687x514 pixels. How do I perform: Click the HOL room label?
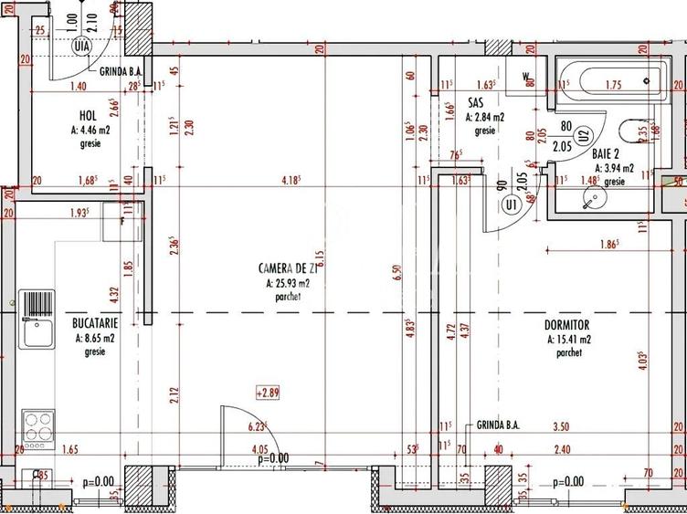[88, 116]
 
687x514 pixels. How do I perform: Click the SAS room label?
[475, 103]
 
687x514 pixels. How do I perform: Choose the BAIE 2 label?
[610, 154]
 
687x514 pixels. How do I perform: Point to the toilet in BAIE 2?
[631, 133]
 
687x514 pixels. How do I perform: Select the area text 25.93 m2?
[291, 283]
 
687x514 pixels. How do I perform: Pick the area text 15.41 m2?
[568, 339]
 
